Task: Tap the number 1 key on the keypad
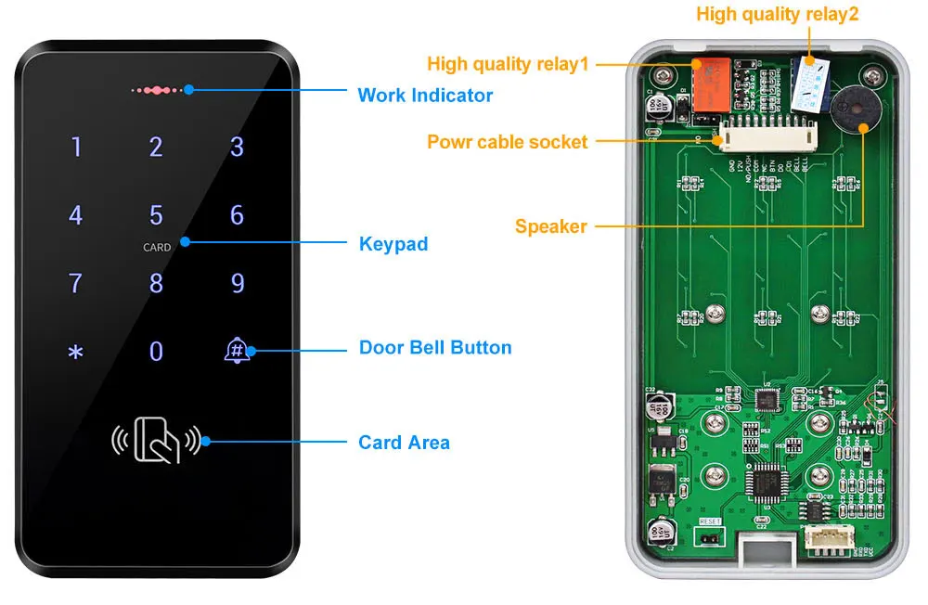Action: pyautogui.click(x=76, y=148)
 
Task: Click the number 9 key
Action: pyautogui.click(x=238, y=283)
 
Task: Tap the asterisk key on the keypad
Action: pyautogui.click(x=76, y=352)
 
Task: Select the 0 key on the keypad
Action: pyautogui.click(x=157, y=351)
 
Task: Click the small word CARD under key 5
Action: pyautogui.click(x=157, y=248)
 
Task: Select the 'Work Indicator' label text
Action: pyautogui.click(x=425, y=95)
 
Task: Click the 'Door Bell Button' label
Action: pyautogui.click(x=435, y=348)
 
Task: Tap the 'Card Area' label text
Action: pyautogui.click(x=404, y=443)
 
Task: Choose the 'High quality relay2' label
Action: pyautogui.click(x=776, y=14)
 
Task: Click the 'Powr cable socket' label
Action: pyautogui.click(x=507, y=142)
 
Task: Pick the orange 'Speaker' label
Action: pyautogui.click(x=550, y=226)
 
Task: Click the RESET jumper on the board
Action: pyautogui.click(x=709, y=537)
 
